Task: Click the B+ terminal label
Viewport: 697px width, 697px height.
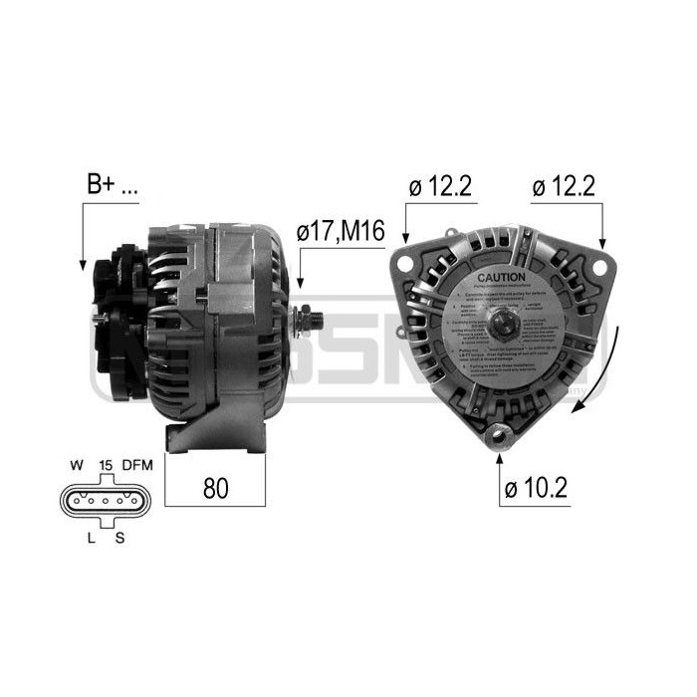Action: (x=112, y=185)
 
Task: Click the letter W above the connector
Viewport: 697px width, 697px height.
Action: (x=75, y=464)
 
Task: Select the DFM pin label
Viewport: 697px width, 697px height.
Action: (x=136, y=464)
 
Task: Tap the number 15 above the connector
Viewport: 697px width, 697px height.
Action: (x=106, y=464)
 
